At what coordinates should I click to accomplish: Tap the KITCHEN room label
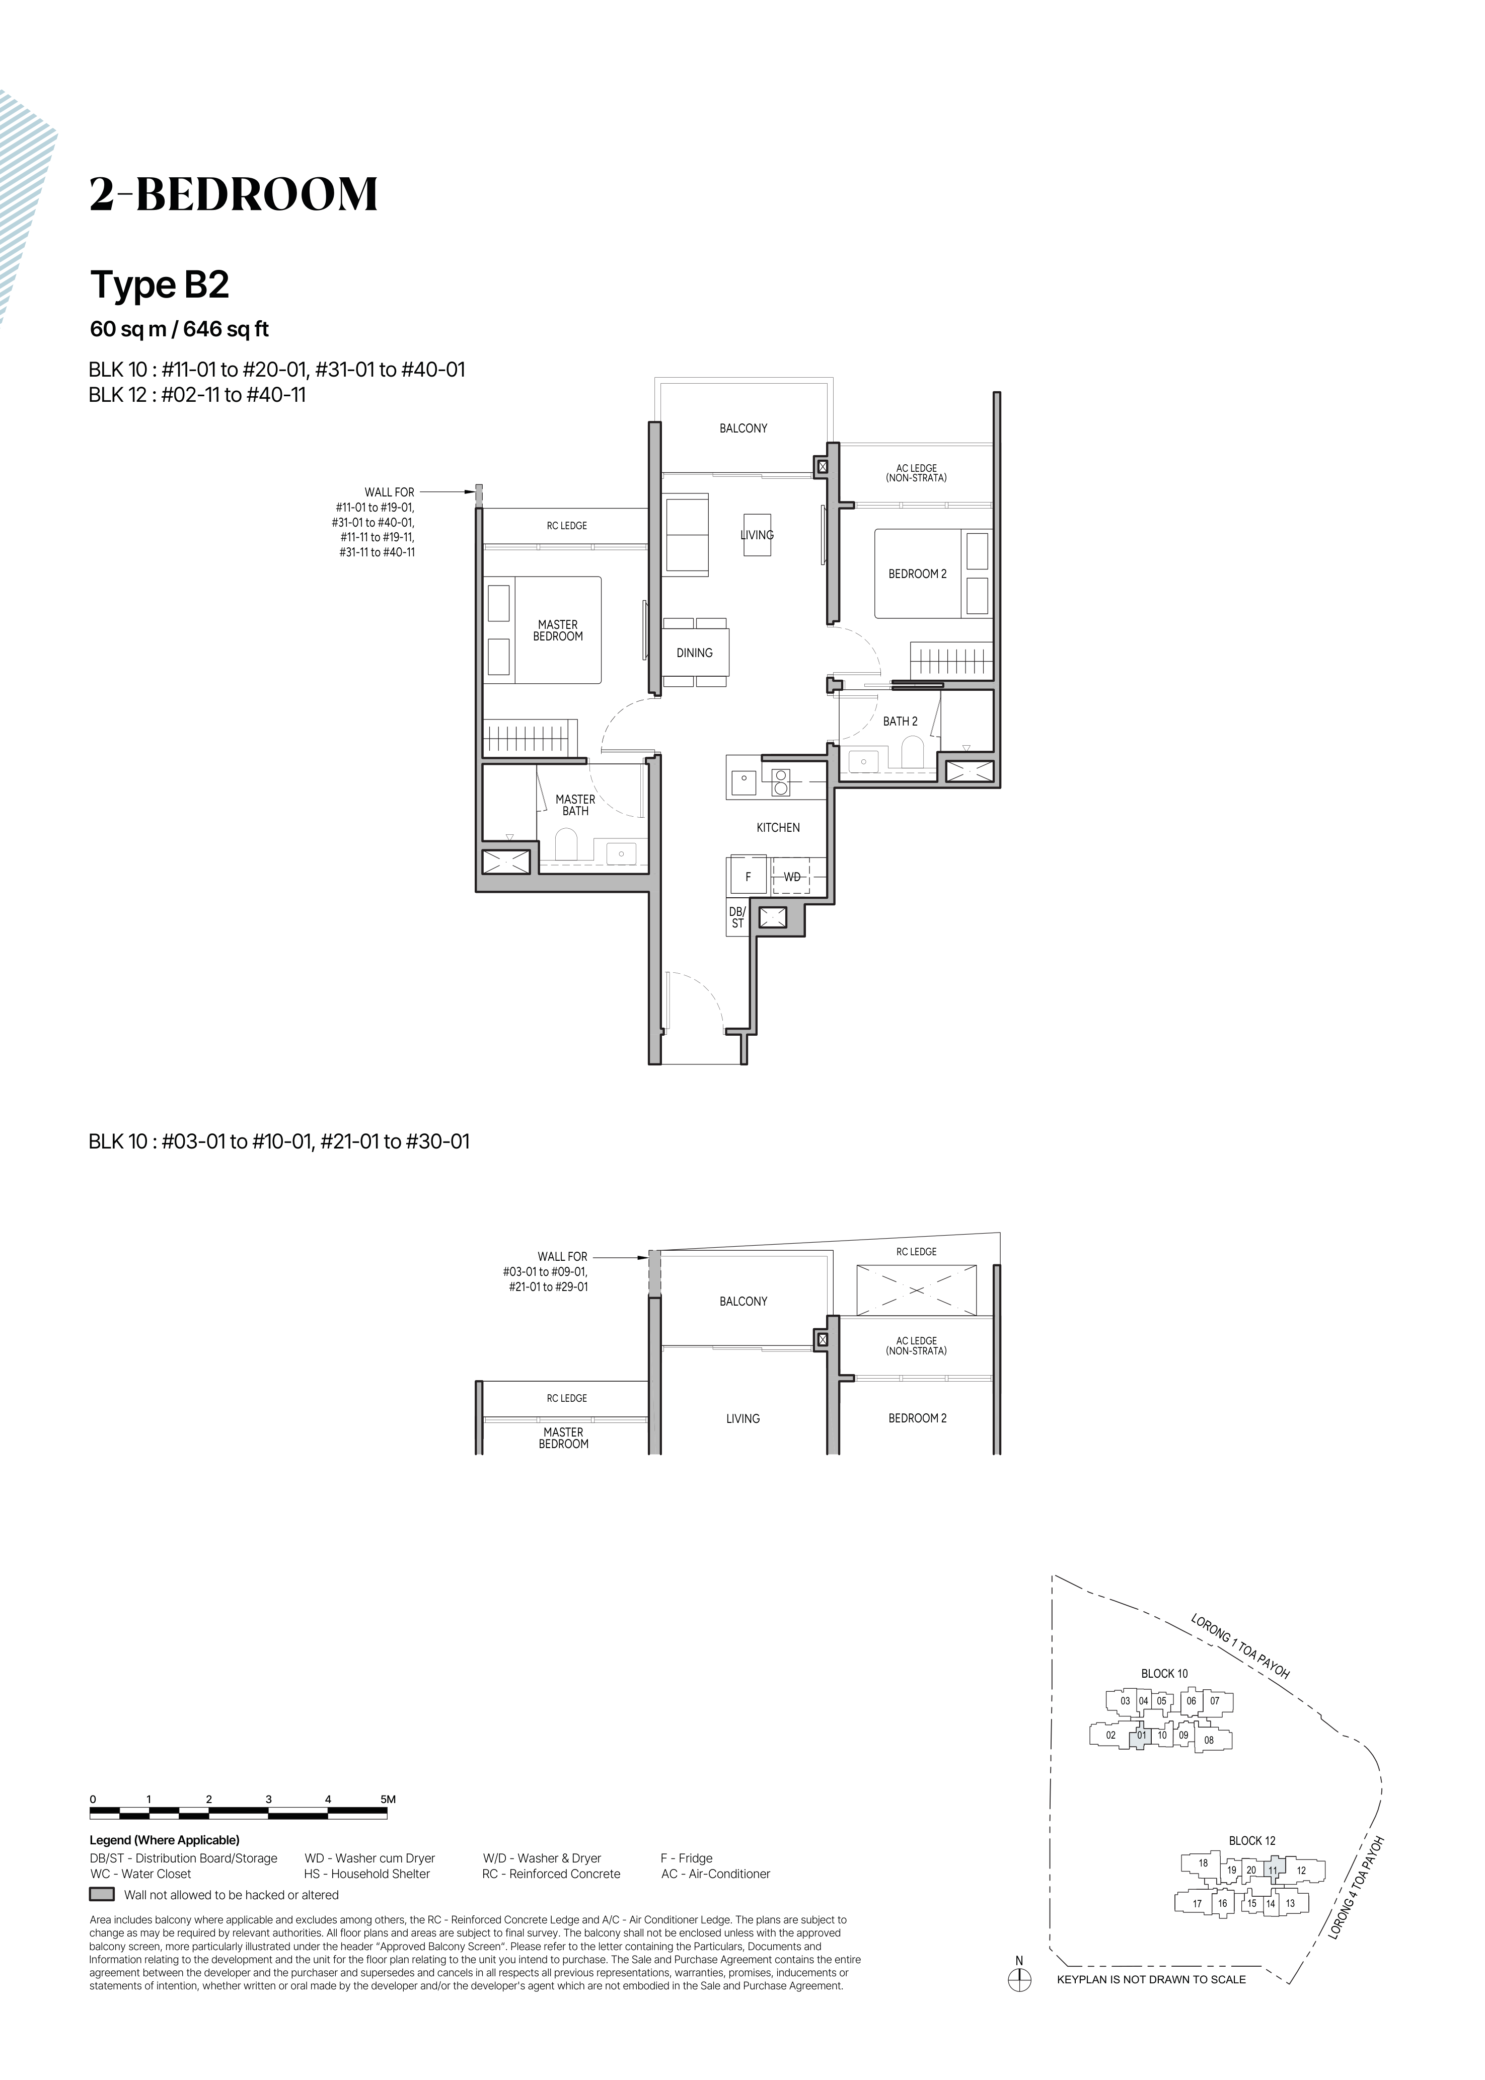click(778, 828)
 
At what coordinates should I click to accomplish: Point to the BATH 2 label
click(901, 722)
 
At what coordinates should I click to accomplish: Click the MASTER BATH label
click(576, 805)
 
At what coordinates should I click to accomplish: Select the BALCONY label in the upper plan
click(744, 428)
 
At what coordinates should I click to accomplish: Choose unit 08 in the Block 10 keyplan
click(1209, 1740)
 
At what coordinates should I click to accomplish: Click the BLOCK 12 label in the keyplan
click(1252, 1840)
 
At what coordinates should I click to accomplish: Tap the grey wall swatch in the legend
click(102, 1895)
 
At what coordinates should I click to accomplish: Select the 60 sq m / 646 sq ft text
click(179, 329)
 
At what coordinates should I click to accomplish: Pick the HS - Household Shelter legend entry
click(366, 1874)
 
